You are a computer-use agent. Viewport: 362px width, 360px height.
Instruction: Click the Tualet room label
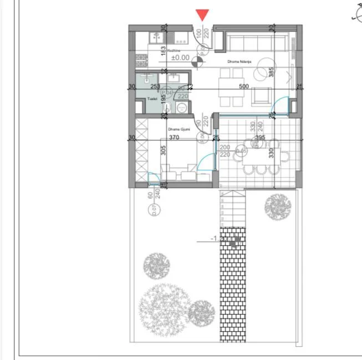point(153,99)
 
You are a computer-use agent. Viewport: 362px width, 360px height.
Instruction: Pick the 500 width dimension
point(243,87)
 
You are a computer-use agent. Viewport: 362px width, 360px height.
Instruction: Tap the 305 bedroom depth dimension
point(163,150)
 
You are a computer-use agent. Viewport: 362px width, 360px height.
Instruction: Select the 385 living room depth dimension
point(272,73)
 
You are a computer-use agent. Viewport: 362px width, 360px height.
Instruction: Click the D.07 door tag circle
point(154,210)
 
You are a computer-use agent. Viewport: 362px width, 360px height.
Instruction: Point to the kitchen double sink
point(157,37)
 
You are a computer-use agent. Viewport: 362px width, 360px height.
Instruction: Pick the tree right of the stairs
point(278,207)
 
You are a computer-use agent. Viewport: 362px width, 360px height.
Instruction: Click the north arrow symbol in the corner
point(356,16)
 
